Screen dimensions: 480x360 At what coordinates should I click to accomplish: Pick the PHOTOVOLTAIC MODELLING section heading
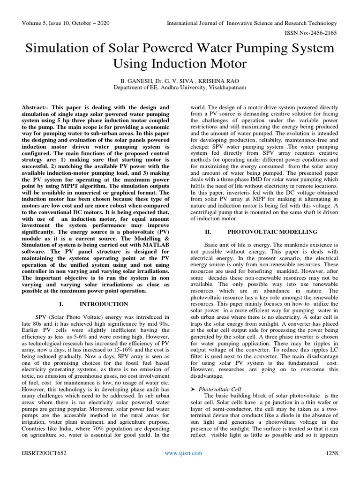272,232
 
